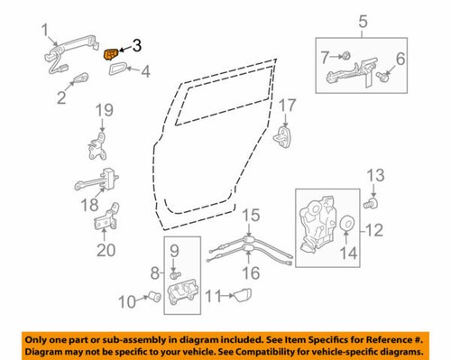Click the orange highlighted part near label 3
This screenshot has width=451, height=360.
(x=111, y=54)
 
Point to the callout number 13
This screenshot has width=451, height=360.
(x=377, y=173)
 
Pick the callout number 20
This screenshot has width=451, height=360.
(x=105, y=250)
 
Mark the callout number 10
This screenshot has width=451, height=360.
(x=127, y=299)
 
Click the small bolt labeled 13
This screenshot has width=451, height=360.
(x=369, y=205)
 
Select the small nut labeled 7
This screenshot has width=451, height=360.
(x=346, y=57)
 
